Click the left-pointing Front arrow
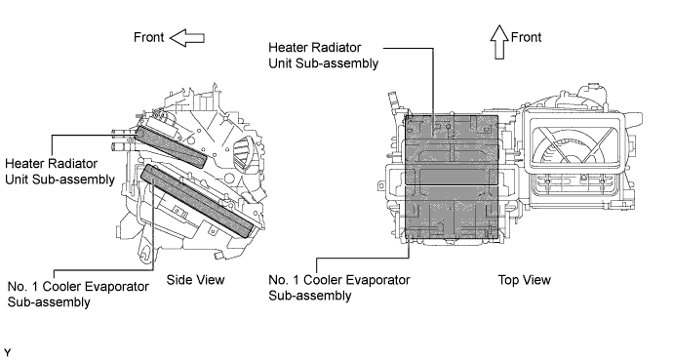(x=187, y=38)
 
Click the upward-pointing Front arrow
(x=498, y=42)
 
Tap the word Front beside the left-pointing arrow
(x=149, y=37)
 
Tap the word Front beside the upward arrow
(x=527, y=37)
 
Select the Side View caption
(x=196, y=280)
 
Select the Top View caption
(x=525, y=280)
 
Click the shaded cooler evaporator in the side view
(x=197, y=201)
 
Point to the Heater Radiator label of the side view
(x=59, y=171)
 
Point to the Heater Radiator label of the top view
(x=323, y=55)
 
